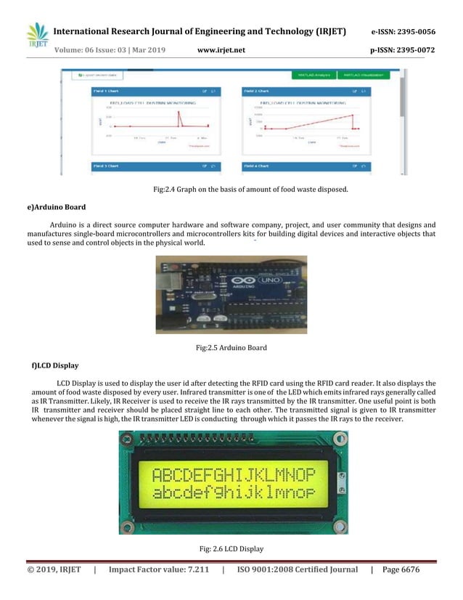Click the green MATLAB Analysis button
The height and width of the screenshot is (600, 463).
[x=311, y=75]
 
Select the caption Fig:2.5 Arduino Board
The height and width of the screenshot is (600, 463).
[x=231, y=348]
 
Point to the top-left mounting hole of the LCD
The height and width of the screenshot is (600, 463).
[x=128, y=439]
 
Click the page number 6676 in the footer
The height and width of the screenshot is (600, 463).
[x=409, y=569]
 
